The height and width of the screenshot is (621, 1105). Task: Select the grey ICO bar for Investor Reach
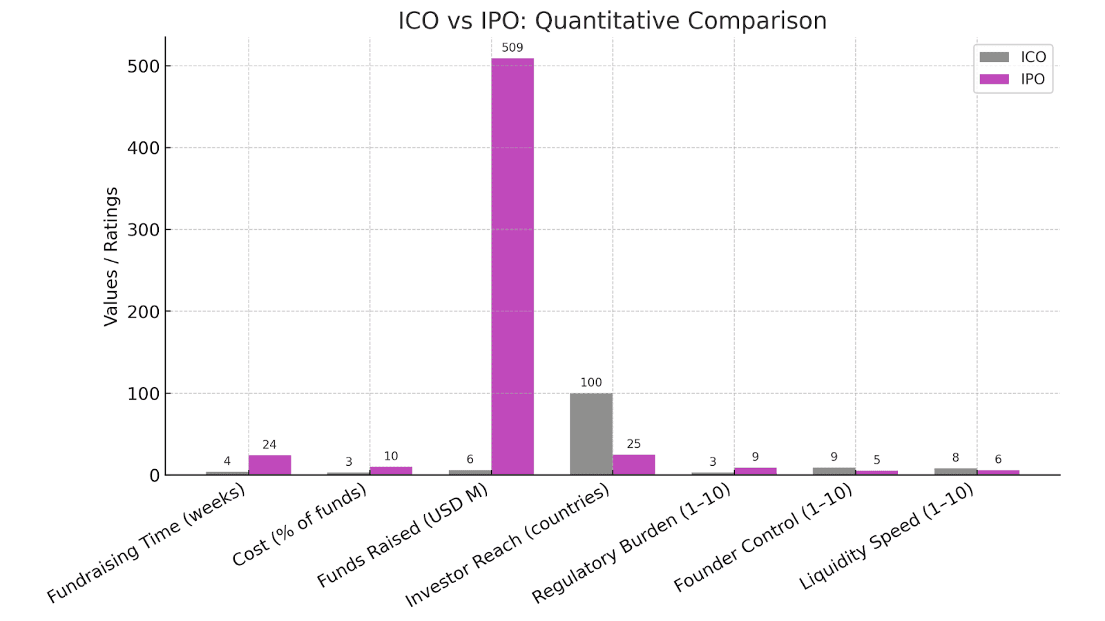(591, 434)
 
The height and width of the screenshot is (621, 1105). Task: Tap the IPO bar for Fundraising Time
(269, 465)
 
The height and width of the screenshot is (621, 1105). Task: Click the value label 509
(512, 48)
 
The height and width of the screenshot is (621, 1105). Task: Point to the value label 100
(591, 382)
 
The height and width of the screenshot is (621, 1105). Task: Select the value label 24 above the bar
(269, 444)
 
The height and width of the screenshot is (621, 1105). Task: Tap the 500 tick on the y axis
(144, 66)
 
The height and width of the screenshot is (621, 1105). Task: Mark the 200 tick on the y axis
(144, 312)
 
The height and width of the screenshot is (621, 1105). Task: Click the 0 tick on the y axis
(154, 475)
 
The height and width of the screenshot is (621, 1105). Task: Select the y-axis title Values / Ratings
(111, 256)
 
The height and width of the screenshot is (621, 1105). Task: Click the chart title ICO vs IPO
(612, 21)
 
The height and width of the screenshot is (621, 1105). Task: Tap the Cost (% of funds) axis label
(300, 525)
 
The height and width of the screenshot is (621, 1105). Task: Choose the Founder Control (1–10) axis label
(763, 538)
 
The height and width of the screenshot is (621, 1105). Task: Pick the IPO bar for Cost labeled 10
(391, 471)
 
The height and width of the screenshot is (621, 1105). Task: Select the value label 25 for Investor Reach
(634, 444)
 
